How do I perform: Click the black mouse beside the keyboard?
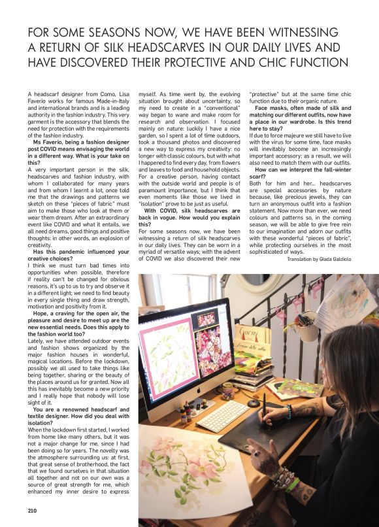tap(254, 403)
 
